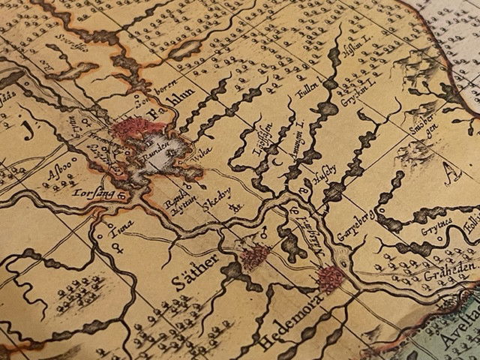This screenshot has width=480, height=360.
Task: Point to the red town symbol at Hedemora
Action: coord(330,278)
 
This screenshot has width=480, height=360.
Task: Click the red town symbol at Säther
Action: coord(253,259)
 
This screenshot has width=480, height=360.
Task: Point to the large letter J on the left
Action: coord(29,130)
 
